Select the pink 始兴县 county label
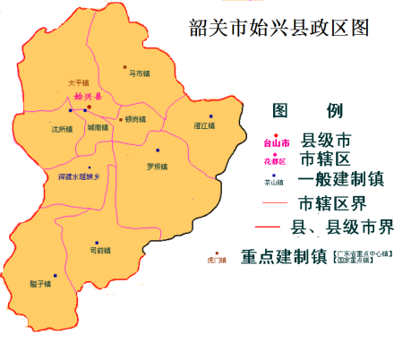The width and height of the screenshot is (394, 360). coord(89,96)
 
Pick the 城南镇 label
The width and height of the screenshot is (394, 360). coord(98,128)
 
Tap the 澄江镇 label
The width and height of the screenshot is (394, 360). coord(206,126)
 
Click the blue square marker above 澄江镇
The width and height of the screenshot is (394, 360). coord(211,116)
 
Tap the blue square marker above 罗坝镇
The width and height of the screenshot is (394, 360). coord(158,150)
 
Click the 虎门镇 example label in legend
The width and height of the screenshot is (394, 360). coord(216,261)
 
